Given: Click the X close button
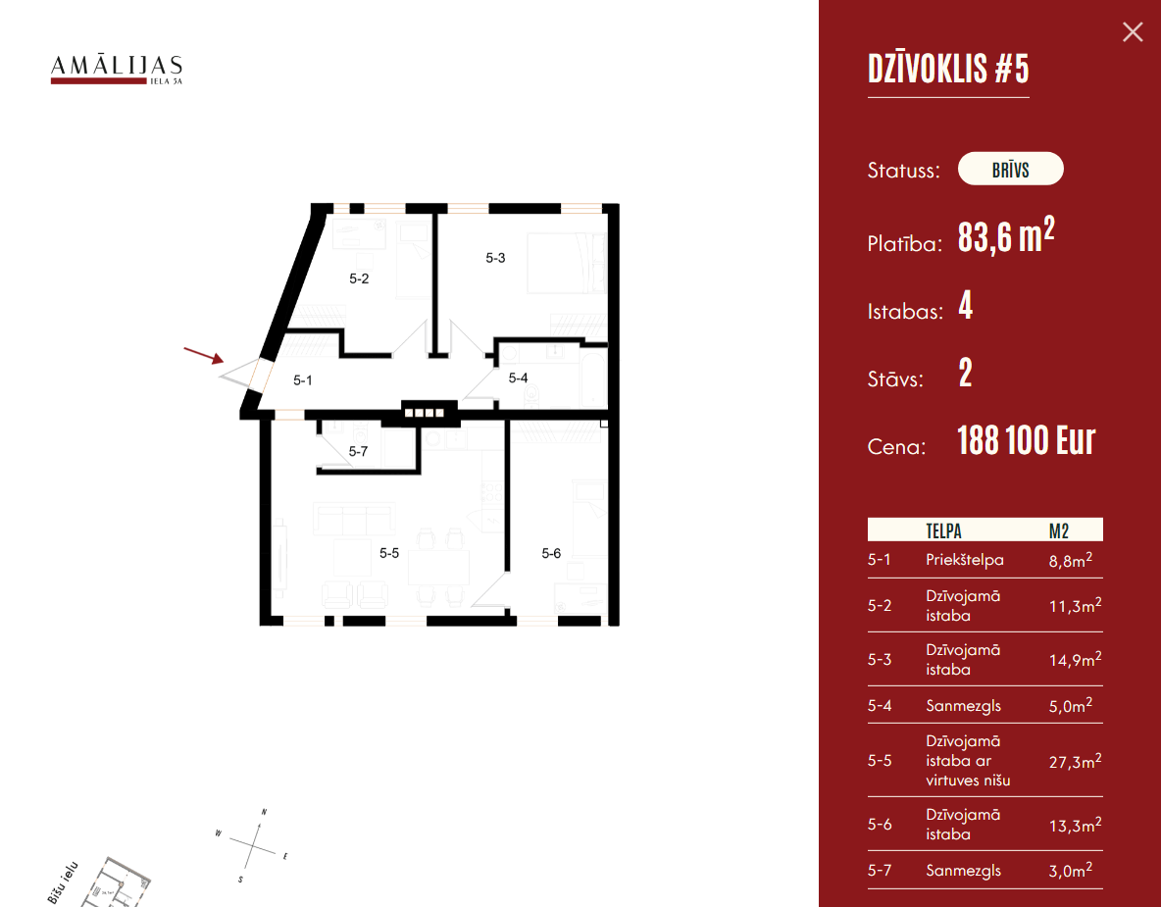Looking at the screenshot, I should pos(1133,32).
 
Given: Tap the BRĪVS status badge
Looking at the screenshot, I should pos(1010,170).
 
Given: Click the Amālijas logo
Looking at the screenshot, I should pos(117,70).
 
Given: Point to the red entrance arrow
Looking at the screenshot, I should pos(204,354).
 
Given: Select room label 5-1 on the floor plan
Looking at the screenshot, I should pos(302,380).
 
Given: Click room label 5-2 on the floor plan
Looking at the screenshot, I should pos(359,278).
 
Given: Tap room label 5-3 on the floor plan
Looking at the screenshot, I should pos(495,259).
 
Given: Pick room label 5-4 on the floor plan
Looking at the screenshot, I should pos(518,378).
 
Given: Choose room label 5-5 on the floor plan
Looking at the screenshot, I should pos(389,553).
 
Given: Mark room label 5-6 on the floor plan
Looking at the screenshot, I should pos(551,554).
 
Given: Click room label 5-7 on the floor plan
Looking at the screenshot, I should pos(358,452).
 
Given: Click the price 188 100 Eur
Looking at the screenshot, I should pos(1026,441).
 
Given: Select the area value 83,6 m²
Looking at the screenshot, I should pos(1006,237).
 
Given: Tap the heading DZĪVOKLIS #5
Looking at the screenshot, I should pos(948,70).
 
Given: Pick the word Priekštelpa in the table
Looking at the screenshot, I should pos(964,561).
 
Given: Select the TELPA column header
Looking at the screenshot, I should pos(943,530).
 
